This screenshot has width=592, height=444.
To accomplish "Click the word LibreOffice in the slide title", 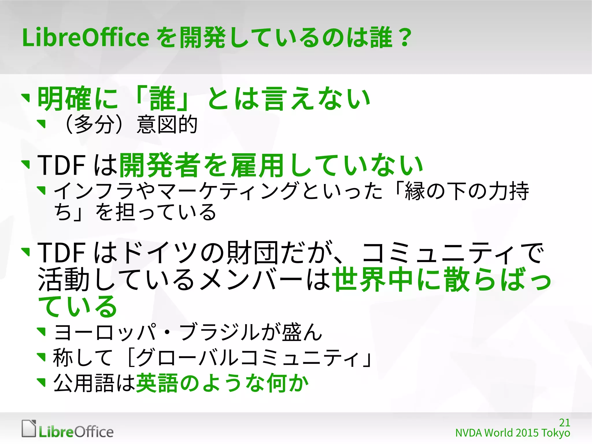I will (86, 38).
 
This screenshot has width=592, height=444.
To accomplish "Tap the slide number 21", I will (564, 423).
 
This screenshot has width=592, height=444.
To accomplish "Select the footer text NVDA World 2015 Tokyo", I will (512, 433).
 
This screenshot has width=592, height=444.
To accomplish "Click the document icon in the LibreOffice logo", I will (29, 428).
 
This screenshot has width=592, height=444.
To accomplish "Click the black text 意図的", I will (167, 125).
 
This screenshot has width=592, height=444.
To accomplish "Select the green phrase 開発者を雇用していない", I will (271, 165).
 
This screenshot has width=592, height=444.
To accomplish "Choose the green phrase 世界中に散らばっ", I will (442, 280).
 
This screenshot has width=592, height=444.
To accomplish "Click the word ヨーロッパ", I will (106, 332).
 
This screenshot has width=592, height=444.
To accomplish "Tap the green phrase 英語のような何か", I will (222, 383).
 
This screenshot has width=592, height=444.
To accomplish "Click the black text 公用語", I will (84, 383).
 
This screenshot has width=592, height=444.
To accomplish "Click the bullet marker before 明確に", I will (26, 98).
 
